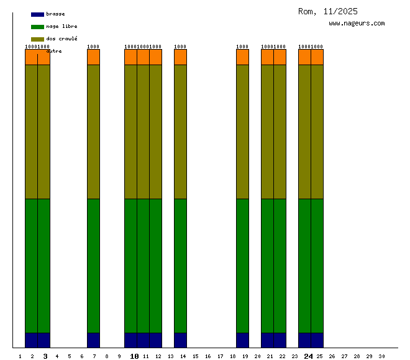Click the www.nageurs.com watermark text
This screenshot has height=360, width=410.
(357, 24)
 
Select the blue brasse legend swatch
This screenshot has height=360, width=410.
(37, 14)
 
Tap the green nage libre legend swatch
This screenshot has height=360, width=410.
(37, 27)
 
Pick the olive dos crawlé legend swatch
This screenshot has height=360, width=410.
(37, 39)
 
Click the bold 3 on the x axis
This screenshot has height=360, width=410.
(45, 356)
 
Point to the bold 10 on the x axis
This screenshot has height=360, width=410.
(134, 356)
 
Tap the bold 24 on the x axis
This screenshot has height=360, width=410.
(308, 356)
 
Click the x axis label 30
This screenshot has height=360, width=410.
(381, 356)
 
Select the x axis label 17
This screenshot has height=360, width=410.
(220, 356)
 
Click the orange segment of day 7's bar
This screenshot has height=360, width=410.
(93, 57)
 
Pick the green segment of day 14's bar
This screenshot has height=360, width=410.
(180, 266)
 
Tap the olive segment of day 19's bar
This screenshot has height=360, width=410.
(242, 132)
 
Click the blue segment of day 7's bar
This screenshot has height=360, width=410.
(93, 340)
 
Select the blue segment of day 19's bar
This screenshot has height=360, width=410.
(242, 340)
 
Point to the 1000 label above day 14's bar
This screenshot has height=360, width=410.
(180, 47)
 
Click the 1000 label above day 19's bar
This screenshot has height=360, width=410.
(242, 47)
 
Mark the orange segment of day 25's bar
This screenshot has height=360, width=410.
(317, 57)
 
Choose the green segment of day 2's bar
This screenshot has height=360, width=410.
(31, 266)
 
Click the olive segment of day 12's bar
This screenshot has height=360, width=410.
(155, 132)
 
